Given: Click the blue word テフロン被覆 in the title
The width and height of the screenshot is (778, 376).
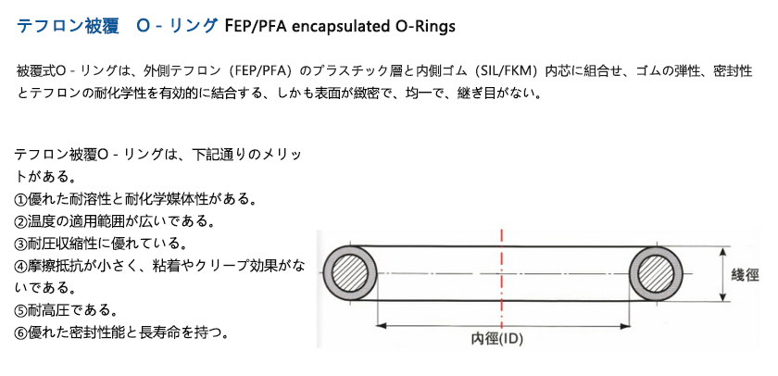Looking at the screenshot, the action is point(68,26).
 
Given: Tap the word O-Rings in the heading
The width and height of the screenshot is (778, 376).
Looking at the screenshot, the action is point(430,26).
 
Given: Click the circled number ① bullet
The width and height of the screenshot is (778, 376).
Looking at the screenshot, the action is point(19,200).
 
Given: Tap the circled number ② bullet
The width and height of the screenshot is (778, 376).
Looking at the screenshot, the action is point(19,221).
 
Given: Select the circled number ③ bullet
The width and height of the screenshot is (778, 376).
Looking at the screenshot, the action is point(19,244).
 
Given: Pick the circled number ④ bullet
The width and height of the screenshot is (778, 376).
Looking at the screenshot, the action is point(19,267).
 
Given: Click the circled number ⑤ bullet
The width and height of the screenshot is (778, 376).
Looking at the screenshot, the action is point(19,310).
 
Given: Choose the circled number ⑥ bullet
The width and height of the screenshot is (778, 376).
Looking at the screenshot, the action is point(19,332).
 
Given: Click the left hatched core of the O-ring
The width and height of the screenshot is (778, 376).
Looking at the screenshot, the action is point(350,273).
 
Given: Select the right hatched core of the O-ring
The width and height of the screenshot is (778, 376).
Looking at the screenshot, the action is point(656,273).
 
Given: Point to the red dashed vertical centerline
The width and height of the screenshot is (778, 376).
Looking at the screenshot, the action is point(502,281).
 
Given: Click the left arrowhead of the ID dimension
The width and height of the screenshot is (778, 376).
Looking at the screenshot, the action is point(381,326).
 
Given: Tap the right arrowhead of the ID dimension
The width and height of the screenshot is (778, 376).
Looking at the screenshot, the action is point(625,326).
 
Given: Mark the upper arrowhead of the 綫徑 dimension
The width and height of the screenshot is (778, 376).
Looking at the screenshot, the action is point(723,252).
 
